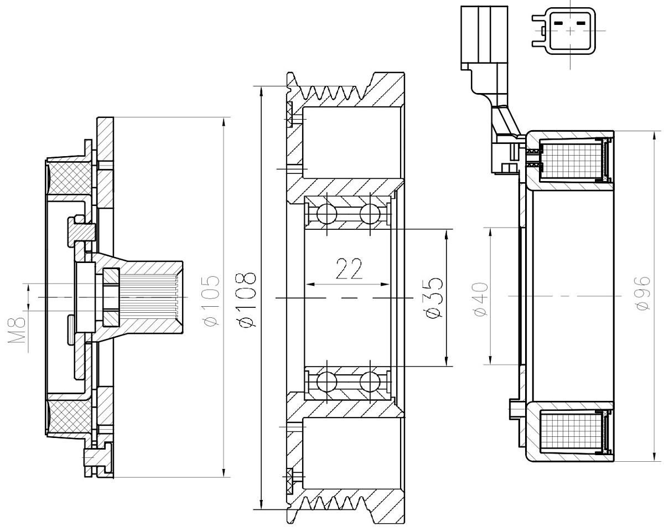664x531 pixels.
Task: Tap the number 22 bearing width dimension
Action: click(x=349, y=269)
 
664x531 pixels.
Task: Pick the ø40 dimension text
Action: click(x=480, y=299)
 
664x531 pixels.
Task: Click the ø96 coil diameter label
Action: click(x=643, y=295)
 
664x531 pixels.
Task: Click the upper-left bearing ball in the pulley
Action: click(x=326, y=213)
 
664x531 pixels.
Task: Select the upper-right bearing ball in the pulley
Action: click(x=369, y=213)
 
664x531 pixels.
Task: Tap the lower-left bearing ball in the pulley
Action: click(x=326, y=382)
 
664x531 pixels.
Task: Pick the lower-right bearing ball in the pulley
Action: click(x=369, y=382)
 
